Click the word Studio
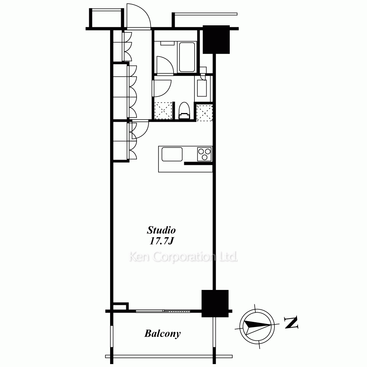point(161,230)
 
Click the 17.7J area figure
point(161,241)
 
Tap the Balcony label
point(163,334)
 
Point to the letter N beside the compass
point(291,322)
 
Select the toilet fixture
point(184,111)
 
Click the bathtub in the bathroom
point(187,57)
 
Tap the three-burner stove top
point(204,154)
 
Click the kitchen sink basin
point(172,154)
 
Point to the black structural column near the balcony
point(215,304)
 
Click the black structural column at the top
point(216,39)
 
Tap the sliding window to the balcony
point(163,311)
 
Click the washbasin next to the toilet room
point(202,88)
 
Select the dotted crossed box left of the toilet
point(163,110)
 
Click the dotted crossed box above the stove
point(204,113)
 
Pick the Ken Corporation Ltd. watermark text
point(183,257)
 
